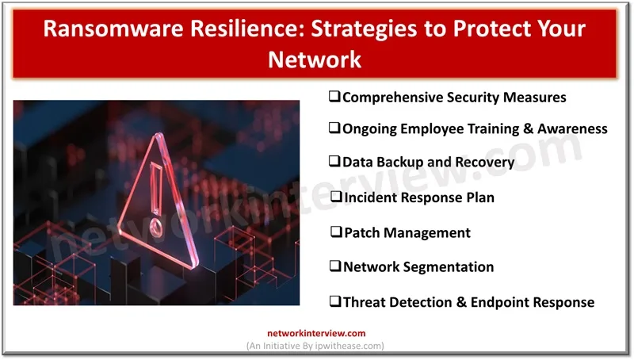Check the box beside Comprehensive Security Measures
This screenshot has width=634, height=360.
click(334, 97)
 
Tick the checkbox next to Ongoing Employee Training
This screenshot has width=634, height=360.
click(334, 128)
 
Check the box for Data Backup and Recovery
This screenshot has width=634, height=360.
click(334, 162)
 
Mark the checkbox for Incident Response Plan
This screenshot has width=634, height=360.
click(336, 197)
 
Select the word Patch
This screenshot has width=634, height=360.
click(361, 233)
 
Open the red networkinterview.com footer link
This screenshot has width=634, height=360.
click(316, 334)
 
